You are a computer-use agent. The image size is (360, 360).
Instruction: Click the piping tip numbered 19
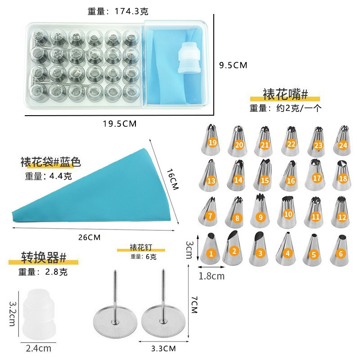tap(211, 139)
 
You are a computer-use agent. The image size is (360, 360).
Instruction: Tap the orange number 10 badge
tap(288, 215)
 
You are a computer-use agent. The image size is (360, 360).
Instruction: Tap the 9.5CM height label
tap(233, 65)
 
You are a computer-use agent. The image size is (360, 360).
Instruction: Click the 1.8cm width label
tap(211, 276)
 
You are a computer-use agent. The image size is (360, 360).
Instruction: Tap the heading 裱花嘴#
tap(285, 94)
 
